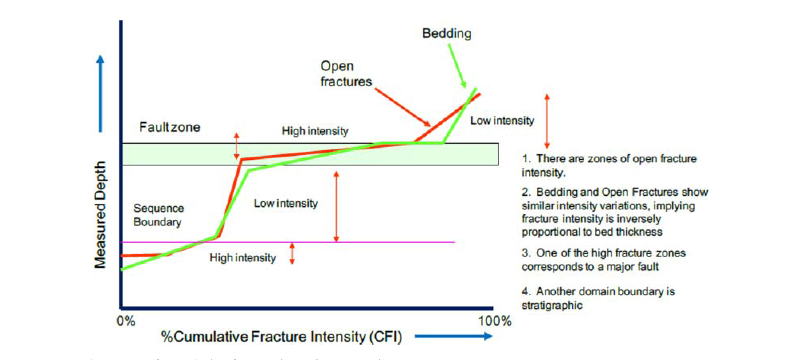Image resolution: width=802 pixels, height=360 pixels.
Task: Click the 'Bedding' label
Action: [447, 34]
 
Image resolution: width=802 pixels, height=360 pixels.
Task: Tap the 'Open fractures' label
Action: [346, 74]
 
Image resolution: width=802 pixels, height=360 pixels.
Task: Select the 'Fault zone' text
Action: [169, 127]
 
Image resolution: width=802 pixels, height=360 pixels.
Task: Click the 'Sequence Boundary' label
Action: [158, 215]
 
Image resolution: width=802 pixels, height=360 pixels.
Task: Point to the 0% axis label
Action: [126, 321]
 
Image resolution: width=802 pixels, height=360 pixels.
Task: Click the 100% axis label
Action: [494, 321]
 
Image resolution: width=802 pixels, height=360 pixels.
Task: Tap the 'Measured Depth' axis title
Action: [100, 215]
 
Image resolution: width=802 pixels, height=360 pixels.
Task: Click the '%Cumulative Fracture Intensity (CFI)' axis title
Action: [281, 337]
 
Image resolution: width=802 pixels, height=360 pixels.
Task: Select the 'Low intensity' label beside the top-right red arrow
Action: [502, 121]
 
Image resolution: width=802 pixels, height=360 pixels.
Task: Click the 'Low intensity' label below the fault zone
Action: [286, 203]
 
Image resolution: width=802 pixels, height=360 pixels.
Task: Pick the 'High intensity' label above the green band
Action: [315, 131]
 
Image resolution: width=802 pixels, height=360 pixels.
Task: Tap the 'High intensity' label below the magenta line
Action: [242, 258]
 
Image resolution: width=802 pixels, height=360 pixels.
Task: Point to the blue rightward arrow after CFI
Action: [453, 336]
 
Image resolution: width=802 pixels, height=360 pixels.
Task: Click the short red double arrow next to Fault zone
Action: [236, 146]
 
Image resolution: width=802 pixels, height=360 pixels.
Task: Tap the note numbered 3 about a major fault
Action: [603, 260]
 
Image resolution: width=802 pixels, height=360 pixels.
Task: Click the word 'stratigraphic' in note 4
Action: [552, 306]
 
